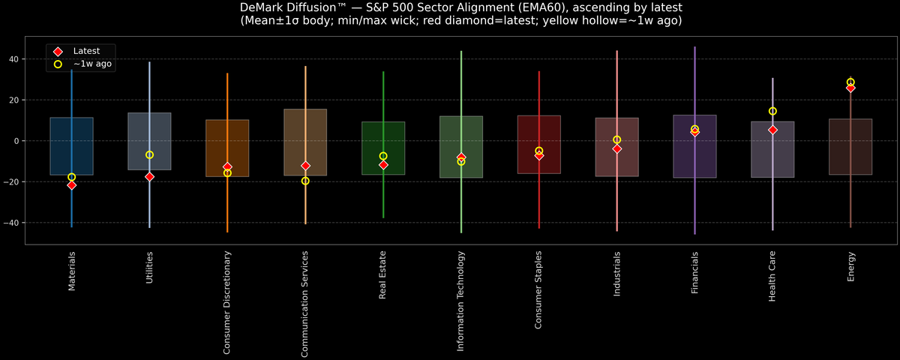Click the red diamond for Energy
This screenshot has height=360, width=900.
click(850, 88)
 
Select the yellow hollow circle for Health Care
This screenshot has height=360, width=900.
click(772, 111)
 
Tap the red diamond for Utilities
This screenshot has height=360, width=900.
click(149, 177)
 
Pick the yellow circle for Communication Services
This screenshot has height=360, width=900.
click(305, 181)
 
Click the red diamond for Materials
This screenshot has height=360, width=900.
click(71, 185)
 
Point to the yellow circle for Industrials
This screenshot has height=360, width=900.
click(616, 139)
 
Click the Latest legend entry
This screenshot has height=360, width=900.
click(85, 50)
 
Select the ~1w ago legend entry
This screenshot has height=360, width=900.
click(92, 64)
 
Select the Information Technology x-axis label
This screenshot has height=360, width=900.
click(461, 301)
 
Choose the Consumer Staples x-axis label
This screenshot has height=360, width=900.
click(538, 289)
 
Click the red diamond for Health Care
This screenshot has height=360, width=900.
click(772, 130)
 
